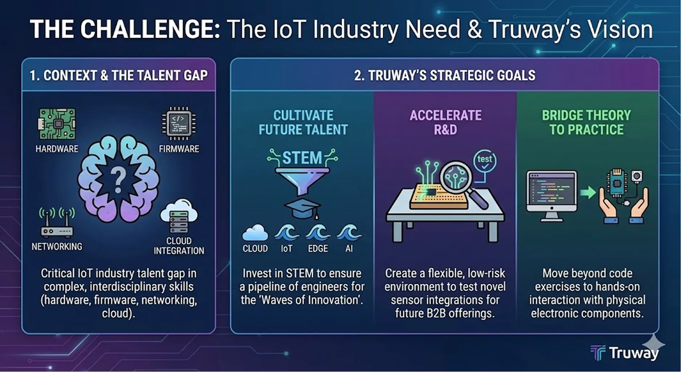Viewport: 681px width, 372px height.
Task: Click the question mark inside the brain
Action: coord(118,180)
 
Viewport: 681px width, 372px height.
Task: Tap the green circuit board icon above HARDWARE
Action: coord(57,124)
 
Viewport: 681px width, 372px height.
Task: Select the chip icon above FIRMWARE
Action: coord(179,123)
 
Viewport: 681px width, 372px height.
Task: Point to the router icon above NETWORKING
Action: coord(57,222)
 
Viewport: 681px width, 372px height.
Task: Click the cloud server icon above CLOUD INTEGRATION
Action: coord(179,216)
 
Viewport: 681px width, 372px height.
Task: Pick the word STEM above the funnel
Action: coord(302,158)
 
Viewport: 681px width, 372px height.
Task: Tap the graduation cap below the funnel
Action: coord(302,209)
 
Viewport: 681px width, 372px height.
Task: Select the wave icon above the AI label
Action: coord(349,233)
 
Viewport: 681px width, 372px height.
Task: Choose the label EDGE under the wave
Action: coord(318,249)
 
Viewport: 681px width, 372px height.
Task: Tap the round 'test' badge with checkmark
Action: coord(485,162)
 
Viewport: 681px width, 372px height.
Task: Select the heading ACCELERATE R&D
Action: coord(446,122)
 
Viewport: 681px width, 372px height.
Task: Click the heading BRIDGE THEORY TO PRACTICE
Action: coord(586,122)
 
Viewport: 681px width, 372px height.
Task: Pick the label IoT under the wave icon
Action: coord(286,249)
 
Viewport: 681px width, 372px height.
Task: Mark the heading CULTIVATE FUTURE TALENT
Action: coord(303,122)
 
